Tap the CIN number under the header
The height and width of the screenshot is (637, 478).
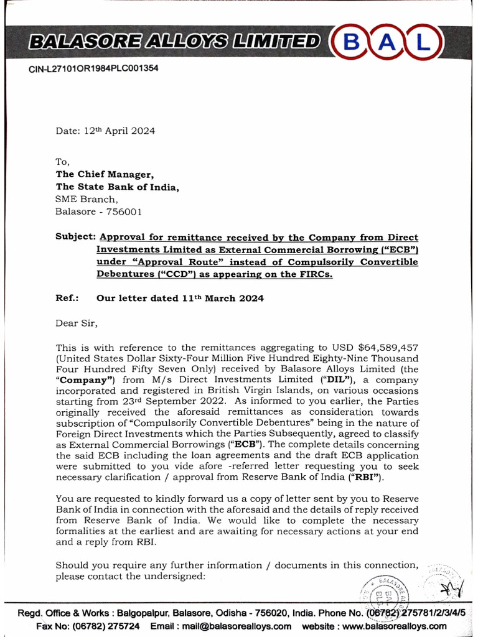click(93, 68)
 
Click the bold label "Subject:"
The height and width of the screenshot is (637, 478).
click(75, 238)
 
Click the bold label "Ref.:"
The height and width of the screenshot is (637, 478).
click(67, 298)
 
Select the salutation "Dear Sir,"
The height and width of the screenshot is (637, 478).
click(77, 323)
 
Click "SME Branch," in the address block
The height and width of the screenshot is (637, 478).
click(86, 199)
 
